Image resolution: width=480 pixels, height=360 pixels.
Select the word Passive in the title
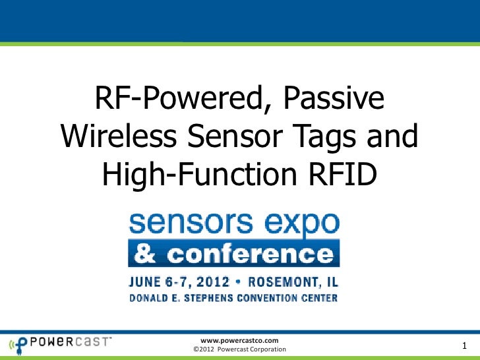pyautogui.click(x=335, y=101)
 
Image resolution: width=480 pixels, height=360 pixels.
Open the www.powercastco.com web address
pyautogui.click(x=238, y=340)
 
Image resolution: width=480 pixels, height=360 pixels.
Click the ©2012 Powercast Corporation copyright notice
pyautogui.click(x=238, y=349)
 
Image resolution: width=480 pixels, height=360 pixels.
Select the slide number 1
pyautogui.click(x=465, y=346)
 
